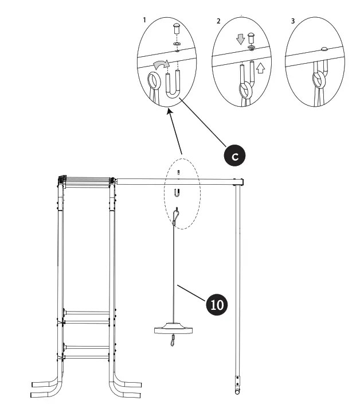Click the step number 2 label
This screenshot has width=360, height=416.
[218, 21]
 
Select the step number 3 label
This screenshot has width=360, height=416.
[293, 21]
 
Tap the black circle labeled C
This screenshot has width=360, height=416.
[234, 155]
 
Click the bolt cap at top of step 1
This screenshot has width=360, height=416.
[177, 28]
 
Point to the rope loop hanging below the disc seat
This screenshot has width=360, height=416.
[172, 342]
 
